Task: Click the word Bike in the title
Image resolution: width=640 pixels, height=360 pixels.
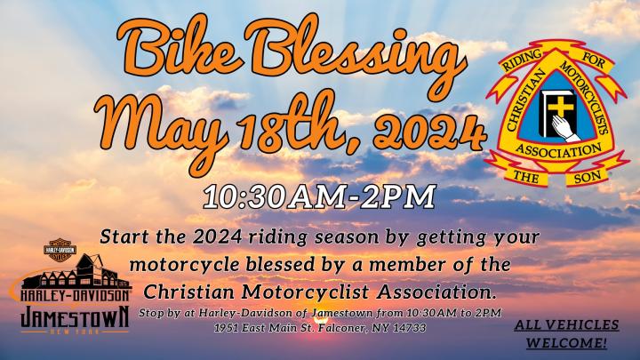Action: [179, 46]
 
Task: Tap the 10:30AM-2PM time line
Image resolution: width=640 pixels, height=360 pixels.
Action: [319, 197]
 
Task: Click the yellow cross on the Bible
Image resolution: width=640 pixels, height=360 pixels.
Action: [560, 105]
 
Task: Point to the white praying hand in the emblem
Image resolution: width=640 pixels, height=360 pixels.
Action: [565, 128]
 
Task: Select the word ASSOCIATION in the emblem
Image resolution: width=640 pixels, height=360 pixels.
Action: [558, 150]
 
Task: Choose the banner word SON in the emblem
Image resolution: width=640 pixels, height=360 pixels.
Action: [588, 177]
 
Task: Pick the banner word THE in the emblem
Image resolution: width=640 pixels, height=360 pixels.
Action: [525, 177]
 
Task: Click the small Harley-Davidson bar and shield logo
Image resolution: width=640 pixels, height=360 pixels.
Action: [60, 250]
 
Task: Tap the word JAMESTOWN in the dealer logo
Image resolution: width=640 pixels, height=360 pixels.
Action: [75, 317]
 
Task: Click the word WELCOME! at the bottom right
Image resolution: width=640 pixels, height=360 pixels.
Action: [566, 342]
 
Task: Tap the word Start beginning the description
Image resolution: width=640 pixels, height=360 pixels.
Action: [123, 236]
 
